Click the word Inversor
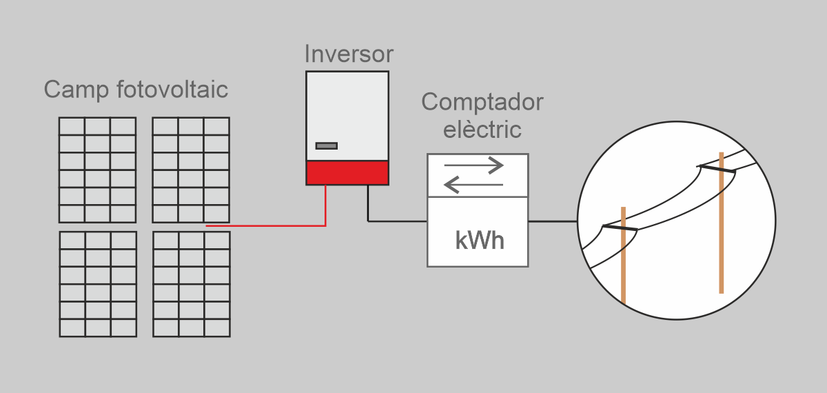pyautogui.click(x=349, y=54)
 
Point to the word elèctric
pyautogui.click(x=482, y=128)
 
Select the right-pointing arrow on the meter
pyautogui.click(x=474, y=165)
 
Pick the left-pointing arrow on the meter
pyautogui.click(x=474, y=184)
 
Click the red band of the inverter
pyautogui.click(x=347, y=172)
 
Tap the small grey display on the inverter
pyautogui.click(x=327, y=145)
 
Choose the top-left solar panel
pyautogui.click(x=97, y=170)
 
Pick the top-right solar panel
pyautogui.click(x=191, y=170)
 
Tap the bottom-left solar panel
pyautogui.click(x=97, y=284)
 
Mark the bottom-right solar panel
pyautogui.click(x=191, y=284)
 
